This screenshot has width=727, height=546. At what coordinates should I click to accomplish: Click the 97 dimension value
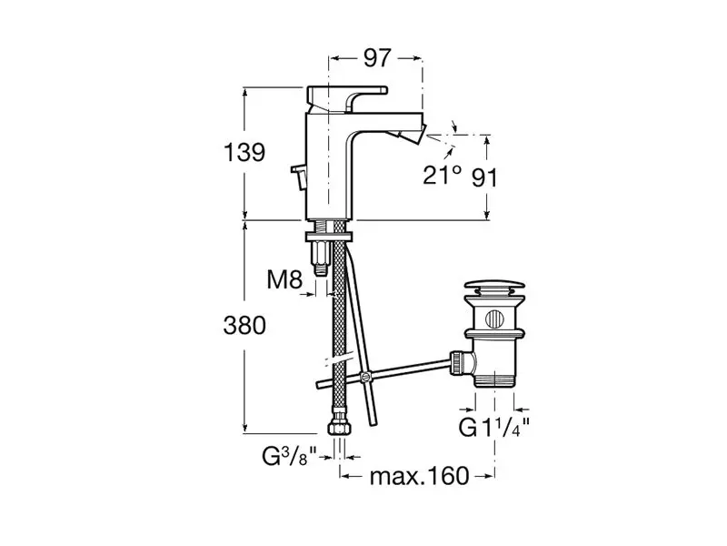pos(377,58)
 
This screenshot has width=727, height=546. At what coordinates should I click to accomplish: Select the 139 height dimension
pos(244,152)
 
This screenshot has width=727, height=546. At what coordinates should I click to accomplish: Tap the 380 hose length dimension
pos(244,326)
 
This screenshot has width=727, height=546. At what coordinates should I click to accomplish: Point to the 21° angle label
pos(443,175)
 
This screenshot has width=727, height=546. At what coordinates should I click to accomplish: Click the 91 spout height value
pos(484,177)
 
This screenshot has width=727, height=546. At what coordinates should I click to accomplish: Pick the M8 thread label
pos(284,279)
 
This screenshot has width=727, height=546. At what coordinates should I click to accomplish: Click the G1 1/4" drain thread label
pos(493,427)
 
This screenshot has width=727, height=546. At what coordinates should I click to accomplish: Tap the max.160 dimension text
pos(419,476)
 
